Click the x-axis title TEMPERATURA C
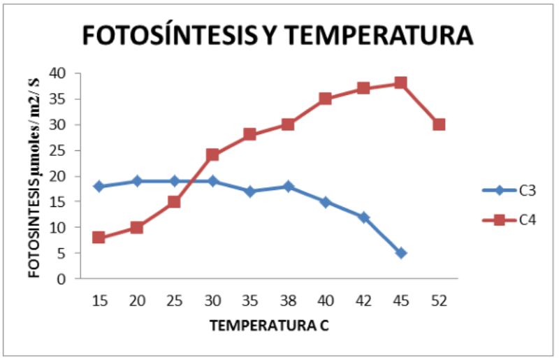coord(269,326)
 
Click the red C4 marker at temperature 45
coord(401,83)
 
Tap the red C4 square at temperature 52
coord(439,124)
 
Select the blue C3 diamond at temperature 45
coord(401,253)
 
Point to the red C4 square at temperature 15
coord(99,238)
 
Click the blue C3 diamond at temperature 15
coord(99,187)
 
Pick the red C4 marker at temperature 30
coord(212,155)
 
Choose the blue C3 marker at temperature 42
coord(363,217)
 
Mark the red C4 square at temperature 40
coord(326,99)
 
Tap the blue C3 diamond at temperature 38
coord(288,187)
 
